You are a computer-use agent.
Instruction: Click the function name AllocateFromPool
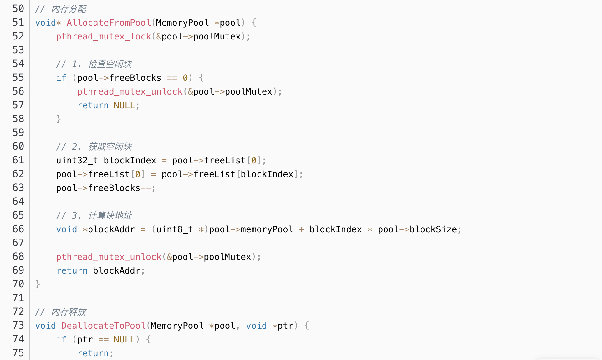(109, 23)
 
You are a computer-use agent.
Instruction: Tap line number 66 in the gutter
(18, 229)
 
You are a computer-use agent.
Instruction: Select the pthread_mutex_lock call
(103, 37)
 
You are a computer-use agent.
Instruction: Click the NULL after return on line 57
(124, 105)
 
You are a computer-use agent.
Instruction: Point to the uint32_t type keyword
(77, 161)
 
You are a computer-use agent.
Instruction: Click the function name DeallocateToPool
(103, 326)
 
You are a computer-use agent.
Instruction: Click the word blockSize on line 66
(433, 229)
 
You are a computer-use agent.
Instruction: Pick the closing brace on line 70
(38, 284)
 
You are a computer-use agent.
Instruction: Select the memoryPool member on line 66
(267, 229)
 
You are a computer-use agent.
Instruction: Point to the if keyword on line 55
(61, 78)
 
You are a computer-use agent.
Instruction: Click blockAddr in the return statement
(116, 271)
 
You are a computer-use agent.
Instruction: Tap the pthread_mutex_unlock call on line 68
(109, 257)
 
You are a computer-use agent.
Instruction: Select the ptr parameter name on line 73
(285, 326)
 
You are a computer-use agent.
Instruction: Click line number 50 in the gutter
(18, 9)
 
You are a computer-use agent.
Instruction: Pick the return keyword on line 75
(93, 353)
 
